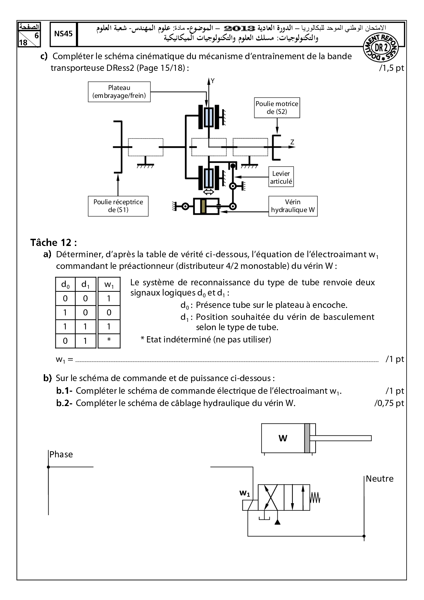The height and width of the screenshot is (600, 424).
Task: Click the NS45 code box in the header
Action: [63, 34]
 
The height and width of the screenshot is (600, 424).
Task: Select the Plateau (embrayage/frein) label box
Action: [119, 92]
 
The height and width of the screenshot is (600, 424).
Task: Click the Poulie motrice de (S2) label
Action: [277, 108]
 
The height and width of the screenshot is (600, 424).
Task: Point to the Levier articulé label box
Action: [281, 178]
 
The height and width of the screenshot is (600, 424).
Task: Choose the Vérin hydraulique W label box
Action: [293, 206]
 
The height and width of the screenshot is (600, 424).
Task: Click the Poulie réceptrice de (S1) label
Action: [118, 206]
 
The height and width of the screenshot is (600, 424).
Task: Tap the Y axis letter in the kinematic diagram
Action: [213, 81]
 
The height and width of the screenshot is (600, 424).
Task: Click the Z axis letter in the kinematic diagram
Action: [292, 142]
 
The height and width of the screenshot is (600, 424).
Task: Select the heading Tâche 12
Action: [53, 243]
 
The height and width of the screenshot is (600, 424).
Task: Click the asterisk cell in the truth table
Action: [109, 340]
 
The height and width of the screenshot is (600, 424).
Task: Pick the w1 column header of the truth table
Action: [109, 284]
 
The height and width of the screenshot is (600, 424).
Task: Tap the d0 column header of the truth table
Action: [65, 284]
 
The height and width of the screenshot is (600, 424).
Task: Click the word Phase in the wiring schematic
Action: [61, 454]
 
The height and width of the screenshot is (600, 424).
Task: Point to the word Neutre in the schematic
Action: [380, 479]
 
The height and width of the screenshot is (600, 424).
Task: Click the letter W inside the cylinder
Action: [283, 438]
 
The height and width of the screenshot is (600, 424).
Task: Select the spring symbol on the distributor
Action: [315, 498]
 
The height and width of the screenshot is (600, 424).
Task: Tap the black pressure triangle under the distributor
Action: [277, 522]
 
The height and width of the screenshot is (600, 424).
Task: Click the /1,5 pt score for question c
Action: [391, 68]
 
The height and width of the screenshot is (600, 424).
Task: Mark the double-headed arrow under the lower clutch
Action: [208, 192]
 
